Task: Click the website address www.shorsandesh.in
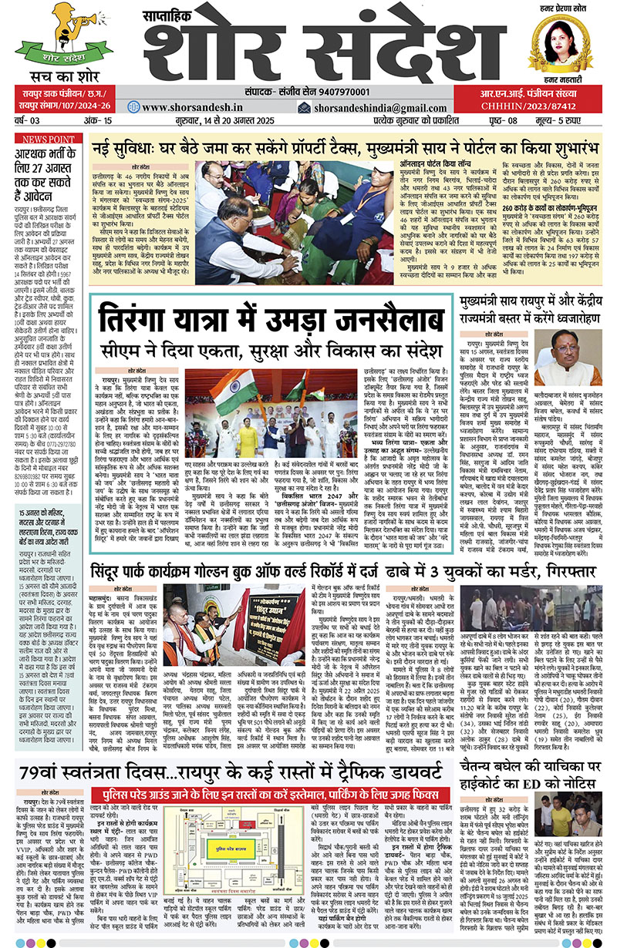click(x=189, y=108)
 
